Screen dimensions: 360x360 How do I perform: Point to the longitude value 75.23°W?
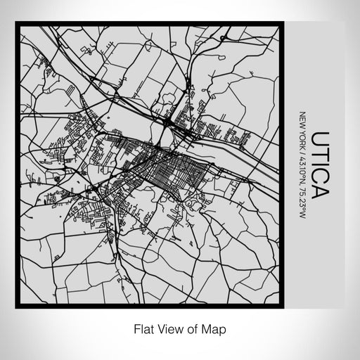[302, 193]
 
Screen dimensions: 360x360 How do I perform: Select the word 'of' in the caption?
[191, 328]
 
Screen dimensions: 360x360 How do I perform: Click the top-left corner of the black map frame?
[17, 24]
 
